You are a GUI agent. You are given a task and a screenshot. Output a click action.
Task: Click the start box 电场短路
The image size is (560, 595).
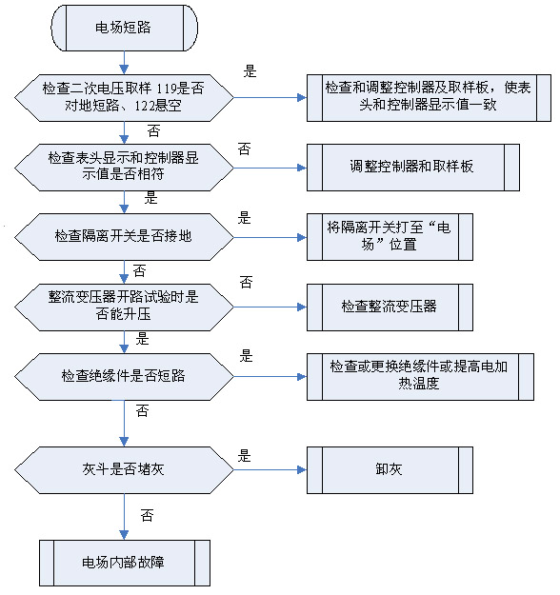[x=124, y=28]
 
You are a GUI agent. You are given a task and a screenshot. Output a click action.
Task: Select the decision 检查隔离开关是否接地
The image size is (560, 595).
[x=124, y=237]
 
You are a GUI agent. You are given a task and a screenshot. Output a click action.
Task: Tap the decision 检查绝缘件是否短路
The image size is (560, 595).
[x=124, y=377]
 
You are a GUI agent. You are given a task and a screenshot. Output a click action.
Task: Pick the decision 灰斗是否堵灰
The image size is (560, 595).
[x=124, y=469]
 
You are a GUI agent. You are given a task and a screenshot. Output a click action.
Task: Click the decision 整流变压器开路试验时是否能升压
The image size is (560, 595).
[x=124, y=307]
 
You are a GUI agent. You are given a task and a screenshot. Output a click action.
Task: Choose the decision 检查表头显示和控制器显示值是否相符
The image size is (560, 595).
[x=124, y=168]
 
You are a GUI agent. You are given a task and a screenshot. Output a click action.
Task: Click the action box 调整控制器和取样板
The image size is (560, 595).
[x=413, y=168]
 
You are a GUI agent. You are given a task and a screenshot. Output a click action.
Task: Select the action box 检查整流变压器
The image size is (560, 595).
[x=390, y=307]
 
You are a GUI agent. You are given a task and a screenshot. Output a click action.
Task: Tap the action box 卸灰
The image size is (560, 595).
[x=390, y=469]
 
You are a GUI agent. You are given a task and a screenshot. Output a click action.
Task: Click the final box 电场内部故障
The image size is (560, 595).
[x=125, y=564]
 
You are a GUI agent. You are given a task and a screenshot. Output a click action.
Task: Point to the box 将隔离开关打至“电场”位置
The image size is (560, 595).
[x=390, y=237]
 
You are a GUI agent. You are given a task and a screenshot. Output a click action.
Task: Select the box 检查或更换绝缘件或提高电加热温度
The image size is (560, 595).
[x=420, y=377]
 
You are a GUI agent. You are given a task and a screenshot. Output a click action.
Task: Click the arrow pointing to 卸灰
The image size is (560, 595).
[x=270, y=469]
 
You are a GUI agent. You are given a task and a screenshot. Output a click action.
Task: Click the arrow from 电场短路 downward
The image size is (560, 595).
[x=124, y=63]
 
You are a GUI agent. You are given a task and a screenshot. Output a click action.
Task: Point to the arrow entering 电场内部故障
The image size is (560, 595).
[x=124, y=516]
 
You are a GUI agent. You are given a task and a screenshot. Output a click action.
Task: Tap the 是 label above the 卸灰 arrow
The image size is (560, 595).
[x=245, y=456]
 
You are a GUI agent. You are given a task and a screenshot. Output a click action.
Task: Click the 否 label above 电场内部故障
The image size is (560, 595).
[x=147, y=515]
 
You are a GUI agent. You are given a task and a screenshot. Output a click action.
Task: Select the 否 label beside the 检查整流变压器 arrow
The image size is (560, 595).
[x=246, y=283]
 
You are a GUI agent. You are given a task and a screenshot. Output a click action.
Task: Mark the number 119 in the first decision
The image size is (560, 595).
[x=167, y=89]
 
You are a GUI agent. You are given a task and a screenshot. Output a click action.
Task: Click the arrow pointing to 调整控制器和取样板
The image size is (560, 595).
[x=270, y=168]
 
